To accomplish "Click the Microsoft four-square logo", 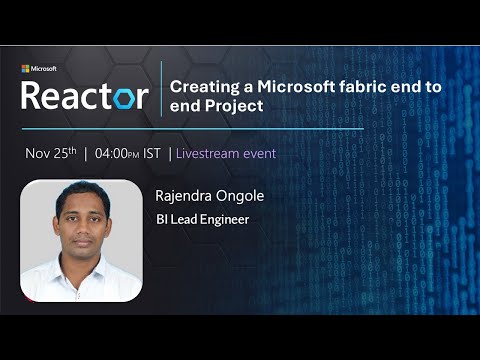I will (x=25, y=69).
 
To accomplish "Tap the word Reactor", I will (x=84, y=96).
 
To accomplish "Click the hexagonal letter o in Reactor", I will (x=133, y=98).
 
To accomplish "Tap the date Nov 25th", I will (x=52, y=154).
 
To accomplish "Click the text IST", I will (x=154, y=154).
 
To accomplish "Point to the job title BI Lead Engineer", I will (x=202, y=219).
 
